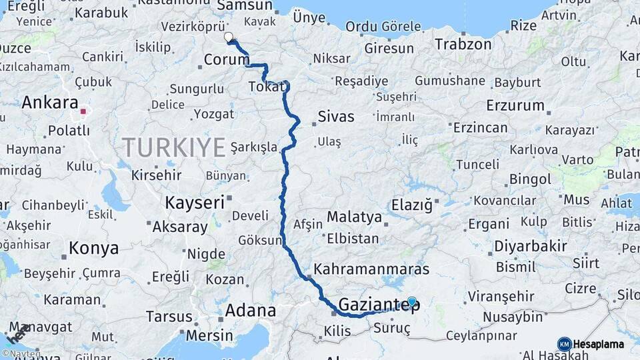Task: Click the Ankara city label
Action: coord(50,103)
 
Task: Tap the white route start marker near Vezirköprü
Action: coord(229,37)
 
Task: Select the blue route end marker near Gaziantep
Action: coord(412,302)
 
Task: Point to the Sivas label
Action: coord(336,117)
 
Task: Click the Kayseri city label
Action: coord(195,203)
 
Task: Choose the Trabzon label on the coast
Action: coord(463,45)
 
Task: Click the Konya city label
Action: coord(93,249)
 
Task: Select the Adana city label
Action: coord(250,310)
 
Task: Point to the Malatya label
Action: coord(354,217)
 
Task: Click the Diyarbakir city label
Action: coord(531,247)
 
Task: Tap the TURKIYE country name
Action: coord(174,147)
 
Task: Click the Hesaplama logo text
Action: coord(599,345)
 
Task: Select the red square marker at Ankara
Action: coord(83,112)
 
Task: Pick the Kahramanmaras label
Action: coord(371,269)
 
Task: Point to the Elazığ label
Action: coord(411,205)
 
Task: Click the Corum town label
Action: coord(226,60)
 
